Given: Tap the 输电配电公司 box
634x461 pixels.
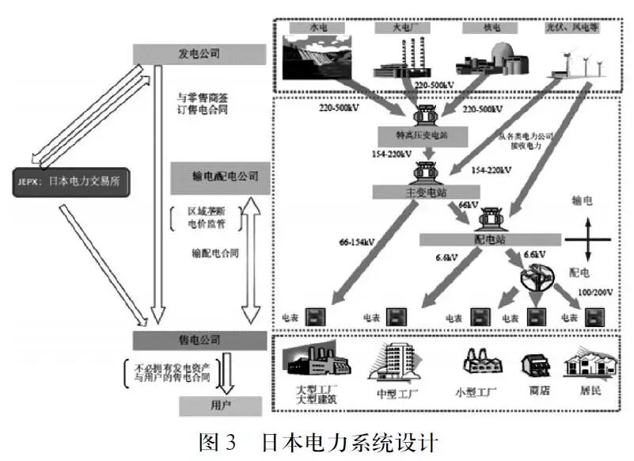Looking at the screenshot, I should click(x=219, y=177).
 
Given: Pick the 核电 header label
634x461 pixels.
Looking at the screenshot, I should click(x=481, y=27).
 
